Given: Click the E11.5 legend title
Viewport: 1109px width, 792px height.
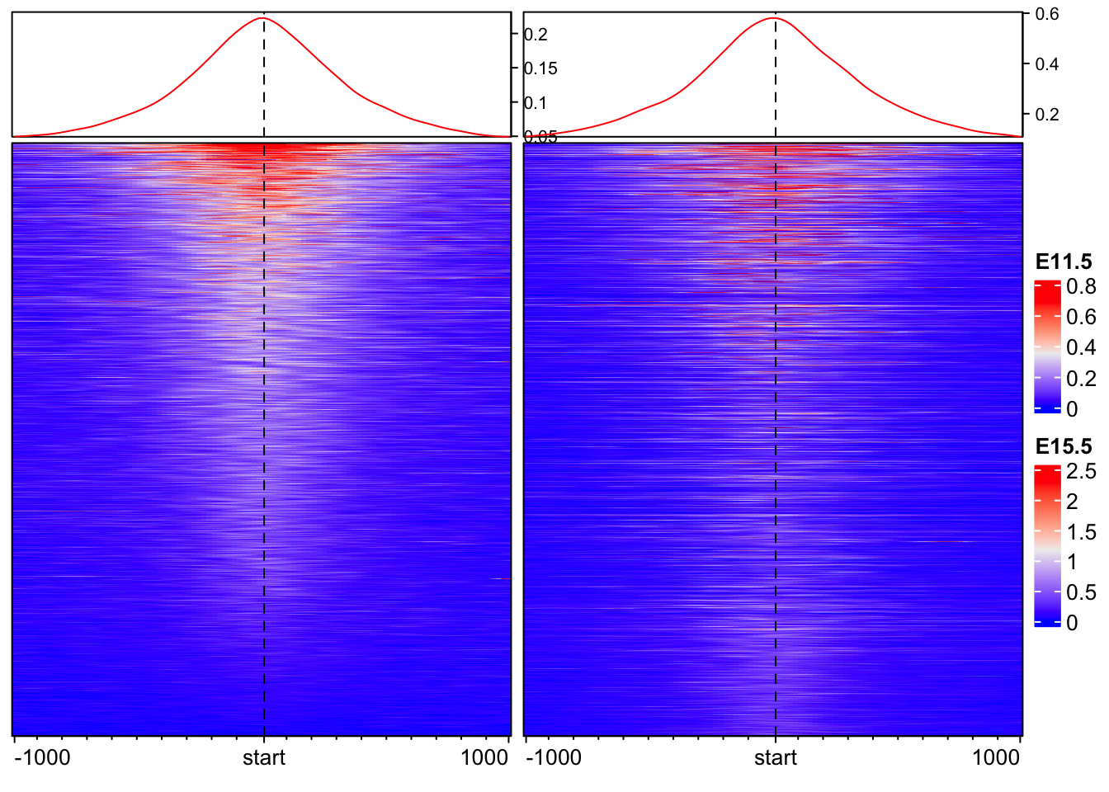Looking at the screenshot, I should coord(1064,262).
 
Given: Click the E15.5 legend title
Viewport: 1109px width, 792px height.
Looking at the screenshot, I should coord(1064,447).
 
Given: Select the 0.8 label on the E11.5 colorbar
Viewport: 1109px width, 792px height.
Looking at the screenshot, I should coord(1081,287).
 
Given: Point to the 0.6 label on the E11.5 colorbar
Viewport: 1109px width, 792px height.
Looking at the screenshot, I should coord(1081,318).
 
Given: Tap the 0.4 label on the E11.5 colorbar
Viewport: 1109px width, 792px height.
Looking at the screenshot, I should coord(1081,348).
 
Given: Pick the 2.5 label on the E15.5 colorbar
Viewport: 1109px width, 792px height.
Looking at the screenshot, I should coord(1081,472).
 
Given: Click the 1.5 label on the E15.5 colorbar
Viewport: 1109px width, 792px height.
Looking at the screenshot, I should coord(1081,532).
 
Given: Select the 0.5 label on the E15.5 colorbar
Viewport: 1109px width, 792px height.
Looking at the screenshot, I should coord(1081,592).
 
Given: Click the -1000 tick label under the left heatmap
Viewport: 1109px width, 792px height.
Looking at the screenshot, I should coord(42,757).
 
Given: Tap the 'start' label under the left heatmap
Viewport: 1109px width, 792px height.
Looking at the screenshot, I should coord(264,757).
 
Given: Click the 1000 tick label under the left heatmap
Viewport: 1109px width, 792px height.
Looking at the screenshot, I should coord(484,757).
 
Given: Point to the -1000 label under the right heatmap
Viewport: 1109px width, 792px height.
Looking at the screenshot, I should coord(554,757).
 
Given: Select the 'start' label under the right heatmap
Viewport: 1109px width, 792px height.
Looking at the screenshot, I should coord(776,757).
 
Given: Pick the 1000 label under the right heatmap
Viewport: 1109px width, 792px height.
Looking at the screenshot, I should coord(996,757).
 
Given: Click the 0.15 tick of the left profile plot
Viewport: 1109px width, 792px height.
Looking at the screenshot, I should coord(540,68).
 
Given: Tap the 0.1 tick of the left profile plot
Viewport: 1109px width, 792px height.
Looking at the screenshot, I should coord(535,103).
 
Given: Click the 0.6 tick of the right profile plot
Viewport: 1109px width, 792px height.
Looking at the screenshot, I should coord(1047,14).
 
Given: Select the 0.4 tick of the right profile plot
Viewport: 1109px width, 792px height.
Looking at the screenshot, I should coord(1047,64).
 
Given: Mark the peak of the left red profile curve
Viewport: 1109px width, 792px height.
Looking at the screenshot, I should coord(262,18).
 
